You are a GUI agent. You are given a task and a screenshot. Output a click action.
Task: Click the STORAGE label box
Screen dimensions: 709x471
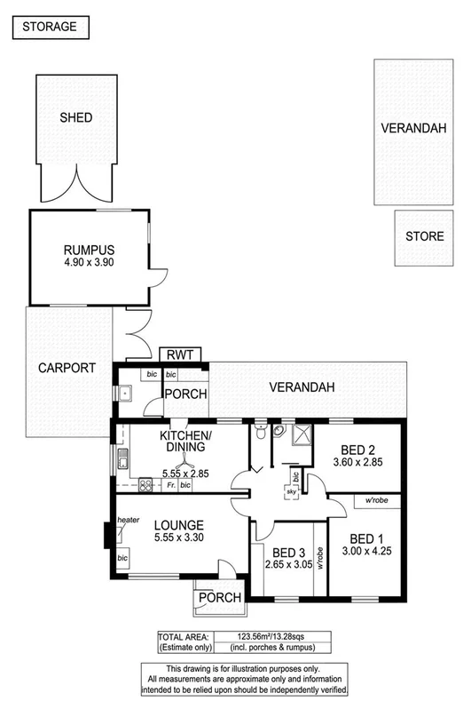[50, 28]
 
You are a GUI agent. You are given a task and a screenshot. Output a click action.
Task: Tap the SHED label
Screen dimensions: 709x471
[76, 117]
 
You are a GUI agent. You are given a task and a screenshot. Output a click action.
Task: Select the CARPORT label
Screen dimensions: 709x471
[60, 368]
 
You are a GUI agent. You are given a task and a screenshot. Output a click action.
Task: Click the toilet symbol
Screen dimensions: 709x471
[258, 432]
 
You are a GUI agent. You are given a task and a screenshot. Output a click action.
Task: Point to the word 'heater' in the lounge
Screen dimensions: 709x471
[129, 520]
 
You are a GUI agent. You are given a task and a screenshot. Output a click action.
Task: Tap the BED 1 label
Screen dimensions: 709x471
[368, 538]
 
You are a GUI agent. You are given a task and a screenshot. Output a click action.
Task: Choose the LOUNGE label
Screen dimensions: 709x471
[179, 525]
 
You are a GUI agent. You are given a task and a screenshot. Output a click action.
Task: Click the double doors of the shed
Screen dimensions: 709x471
[76, 182]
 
